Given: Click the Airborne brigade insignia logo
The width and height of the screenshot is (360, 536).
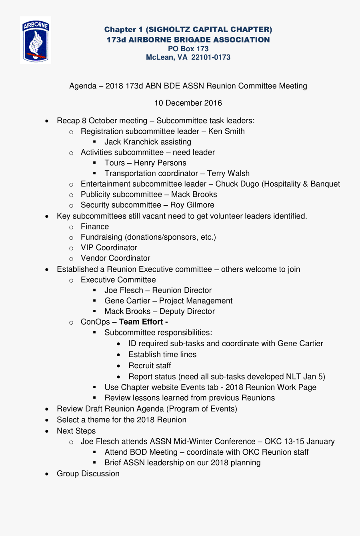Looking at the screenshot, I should click(x=36, y=40).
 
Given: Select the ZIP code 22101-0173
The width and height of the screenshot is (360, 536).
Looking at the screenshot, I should click(x=211, y=57).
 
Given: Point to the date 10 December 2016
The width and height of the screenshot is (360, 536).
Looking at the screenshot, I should click(x=188, y=103).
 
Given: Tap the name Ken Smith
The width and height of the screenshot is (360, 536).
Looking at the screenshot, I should click(x=226, y=131).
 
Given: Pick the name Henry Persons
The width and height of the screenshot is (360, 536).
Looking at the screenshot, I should click(x=160, y=163).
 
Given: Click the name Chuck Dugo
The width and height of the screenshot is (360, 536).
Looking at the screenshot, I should click(x=237, y=184).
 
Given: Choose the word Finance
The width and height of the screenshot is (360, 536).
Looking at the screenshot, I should click(x=95, y=227).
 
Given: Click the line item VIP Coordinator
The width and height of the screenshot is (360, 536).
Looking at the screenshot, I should click(x=109, y=247).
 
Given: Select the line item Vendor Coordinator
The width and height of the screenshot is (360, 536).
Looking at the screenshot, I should click(x=116, y=258).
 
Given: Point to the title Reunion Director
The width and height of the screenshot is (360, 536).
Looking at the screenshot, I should click(x=182, y=290).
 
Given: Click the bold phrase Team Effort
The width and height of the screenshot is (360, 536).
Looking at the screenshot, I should click(x=141, y=322).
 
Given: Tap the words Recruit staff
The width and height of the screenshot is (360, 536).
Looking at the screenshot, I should click(x=150, y=365).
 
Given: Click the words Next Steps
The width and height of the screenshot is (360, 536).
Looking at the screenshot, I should click(x=76, y=431).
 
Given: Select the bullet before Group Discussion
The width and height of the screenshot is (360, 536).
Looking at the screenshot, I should click(x=47, y=474).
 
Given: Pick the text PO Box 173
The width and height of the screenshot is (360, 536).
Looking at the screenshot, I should click(x=188, y=49).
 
